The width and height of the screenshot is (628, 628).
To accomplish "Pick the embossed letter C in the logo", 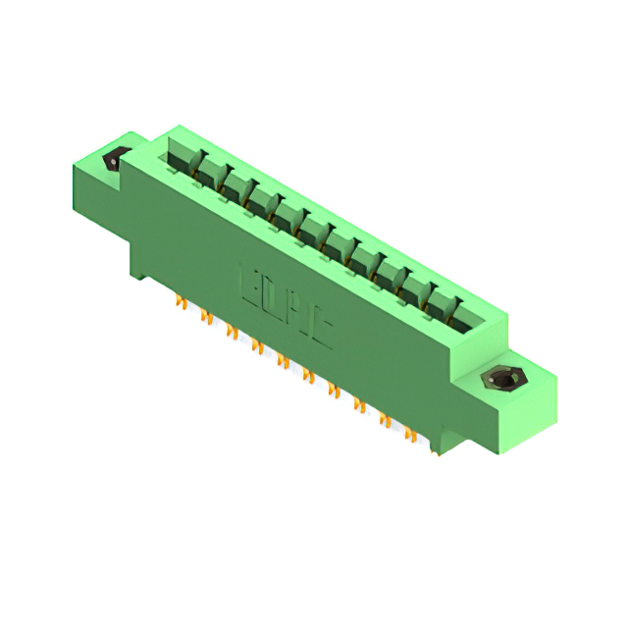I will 321,330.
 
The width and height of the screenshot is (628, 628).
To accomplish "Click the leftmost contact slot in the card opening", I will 183,158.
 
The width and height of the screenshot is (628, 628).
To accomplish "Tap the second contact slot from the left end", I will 210,172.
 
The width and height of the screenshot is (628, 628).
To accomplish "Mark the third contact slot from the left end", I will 235,186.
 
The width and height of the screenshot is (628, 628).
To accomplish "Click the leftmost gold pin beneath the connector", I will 181,303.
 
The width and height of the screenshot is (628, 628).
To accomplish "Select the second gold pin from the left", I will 206,317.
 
